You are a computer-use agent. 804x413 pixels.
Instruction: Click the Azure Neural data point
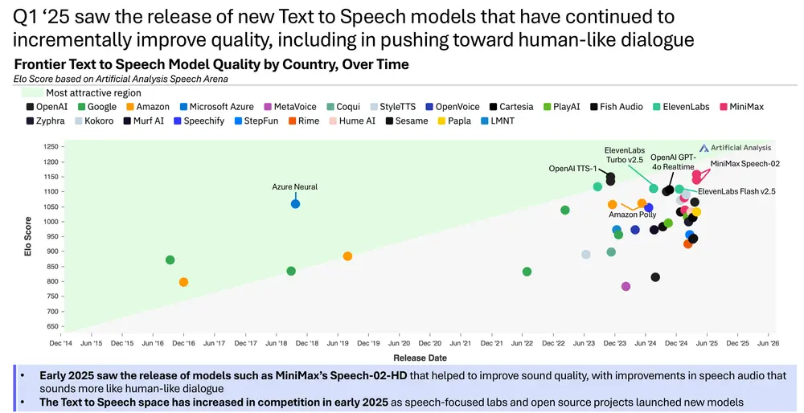[x=295, y=204]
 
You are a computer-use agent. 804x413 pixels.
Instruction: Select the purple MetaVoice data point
[x=626, y=286]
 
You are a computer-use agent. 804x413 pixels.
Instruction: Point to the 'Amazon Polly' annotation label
[x=632, y=215]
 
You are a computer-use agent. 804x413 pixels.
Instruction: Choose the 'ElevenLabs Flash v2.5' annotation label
[x=736, y=191]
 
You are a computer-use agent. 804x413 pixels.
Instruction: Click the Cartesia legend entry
[x=511, y=107]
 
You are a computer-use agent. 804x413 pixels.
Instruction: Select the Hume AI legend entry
[x=351, y=121]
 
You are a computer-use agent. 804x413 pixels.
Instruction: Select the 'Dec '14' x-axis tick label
[x=61, y=343]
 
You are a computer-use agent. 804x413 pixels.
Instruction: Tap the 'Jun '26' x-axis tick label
[x=768, y=343]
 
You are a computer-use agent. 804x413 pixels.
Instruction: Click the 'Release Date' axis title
[x=420, y=358]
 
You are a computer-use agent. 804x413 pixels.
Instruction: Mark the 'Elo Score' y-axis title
[x=28, y=237]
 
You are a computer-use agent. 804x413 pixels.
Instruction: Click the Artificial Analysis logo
[x=735, y=148]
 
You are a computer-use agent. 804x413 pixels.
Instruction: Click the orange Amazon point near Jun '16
[x=183, y=282]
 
